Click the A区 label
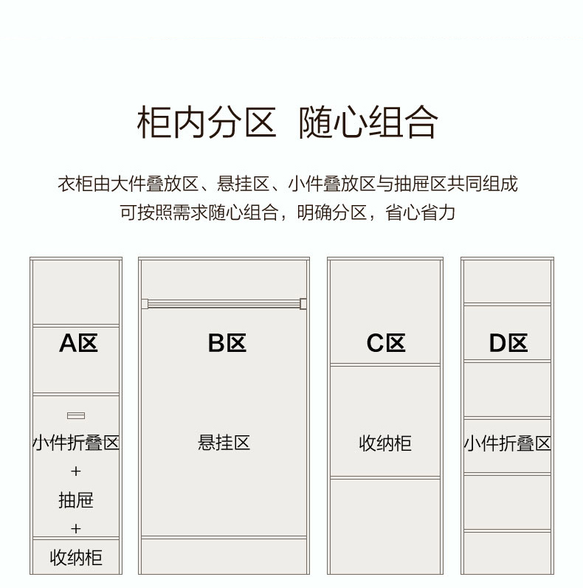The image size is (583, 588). (x=78, y=343)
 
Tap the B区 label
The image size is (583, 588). (x=227, y=343)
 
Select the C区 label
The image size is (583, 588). (x=385, y=343)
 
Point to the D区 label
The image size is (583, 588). (x=508, y=343)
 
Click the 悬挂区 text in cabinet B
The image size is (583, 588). (x=224, y=443)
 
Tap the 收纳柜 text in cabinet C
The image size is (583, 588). (x=384, y=443)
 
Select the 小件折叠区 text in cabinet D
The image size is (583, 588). (x=507, y=443)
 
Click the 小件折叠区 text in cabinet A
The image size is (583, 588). (x=76, y=443)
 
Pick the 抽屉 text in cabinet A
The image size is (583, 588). (x=76, y=500)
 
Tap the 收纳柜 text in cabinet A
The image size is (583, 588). (x=76, y=558)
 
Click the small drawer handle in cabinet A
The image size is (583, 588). (x=76, y=416)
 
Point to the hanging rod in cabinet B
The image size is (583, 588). (x=224, y=303)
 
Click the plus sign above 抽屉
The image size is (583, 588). (x=76, y=471)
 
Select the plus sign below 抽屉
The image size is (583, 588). (x=76, y=529)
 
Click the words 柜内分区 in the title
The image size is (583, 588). (x=206, y=122)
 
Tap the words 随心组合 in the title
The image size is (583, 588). (x=368, y=122)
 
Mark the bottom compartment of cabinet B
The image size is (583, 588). (x=224, y=556)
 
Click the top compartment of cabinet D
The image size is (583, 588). (x=507, y=281)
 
